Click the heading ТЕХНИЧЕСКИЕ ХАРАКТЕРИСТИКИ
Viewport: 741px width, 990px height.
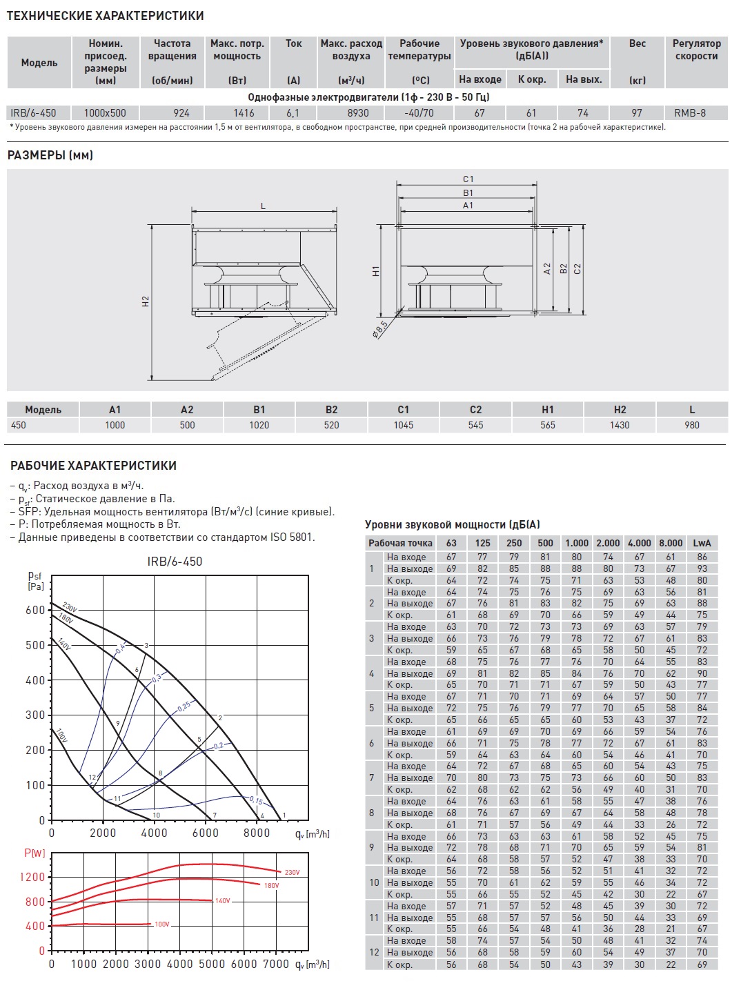coord(106,16)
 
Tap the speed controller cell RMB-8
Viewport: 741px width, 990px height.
coord(690,112)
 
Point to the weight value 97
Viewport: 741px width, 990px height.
coord(637,112)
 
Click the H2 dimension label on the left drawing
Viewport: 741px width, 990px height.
coord(146,301)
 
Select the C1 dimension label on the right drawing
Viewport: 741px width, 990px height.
coord(468,179)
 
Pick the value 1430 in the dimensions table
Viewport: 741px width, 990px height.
coord(620,425)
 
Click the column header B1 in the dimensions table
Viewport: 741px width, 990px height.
coord(259,410)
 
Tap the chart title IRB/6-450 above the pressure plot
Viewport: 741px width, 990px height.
coord(175,562)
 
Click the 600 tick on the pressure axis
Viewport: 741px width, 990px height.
coord(34,611)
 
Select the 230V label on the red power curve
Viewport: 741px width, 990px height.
coord(293,873)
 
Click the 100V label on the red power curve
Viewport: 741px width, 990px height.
coord(162,924)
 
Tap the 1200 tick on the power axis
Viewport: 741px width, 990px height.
coord(32,877)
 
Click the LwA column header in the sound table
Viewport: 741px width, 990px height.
coord(702,543)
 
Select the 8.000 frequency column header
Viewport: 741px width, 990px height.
coord(671,543)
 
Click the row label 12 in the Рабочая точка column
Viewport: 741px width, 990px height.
coord(374,952)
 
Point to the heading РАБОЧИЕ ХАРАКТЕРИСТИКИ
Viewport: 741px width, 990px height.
coord(93,466)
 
